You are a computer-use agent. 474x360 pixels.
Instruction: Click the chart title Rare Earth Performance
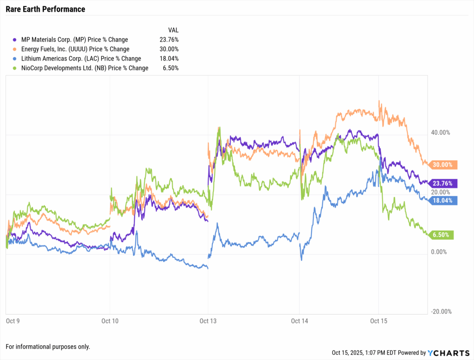[45, 9]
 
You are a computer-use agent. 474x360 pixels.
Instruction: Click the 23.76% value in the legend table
[168, 40]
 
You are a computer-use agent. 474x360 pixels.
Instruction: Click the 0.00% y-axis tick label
[441, 252]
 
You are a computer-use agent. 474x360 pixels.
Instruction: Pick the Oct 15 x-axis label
[379, 320]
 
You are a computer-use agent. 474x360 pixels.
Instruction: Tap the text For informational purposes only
[48, 347]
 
